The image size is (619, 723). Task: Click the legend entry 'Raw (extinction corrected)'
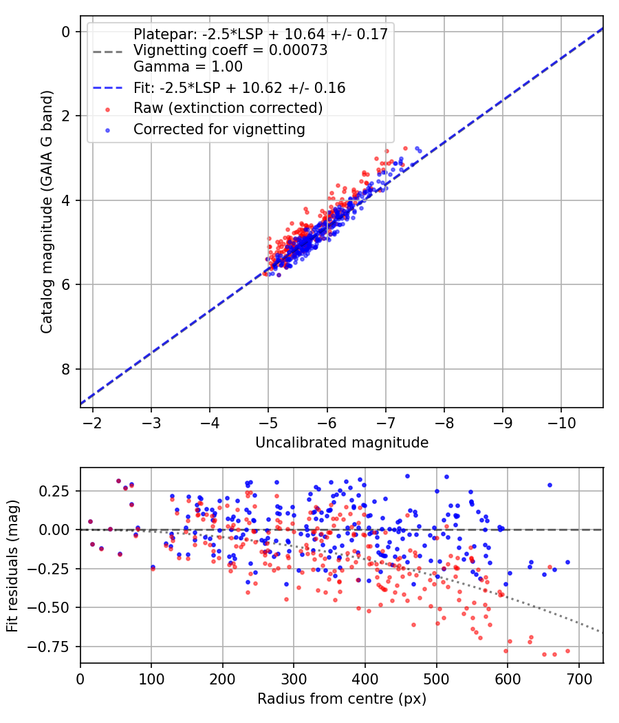pos(228,108)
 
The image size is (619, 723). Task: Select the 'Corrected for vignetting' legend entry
pos(219,129)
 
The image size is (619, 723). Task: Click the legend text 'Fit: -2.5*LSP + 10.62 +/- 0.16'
pos(239,88)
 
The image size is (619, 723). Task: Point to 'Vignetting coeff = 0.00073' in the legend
pos(230,51)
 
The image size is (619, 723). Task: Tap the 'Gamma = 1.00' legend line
pos(188,67)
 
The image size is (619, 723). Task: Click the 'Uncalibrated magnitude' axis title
pos(342,443)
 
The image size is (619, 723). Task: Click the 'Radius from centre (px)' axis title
pos(342,699)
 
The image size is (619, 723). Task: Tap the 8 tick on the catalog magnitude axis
pos(65,369)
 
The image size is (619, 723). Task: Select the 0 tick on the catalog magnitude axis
pos(65,32)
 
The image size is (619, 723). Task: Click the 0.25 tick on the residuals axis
pos(57,491)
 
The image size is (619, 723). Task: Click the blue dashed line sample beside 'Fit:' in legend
pos(107,88)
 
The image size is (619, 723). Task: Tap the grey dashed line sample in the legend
pos(107,51)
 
